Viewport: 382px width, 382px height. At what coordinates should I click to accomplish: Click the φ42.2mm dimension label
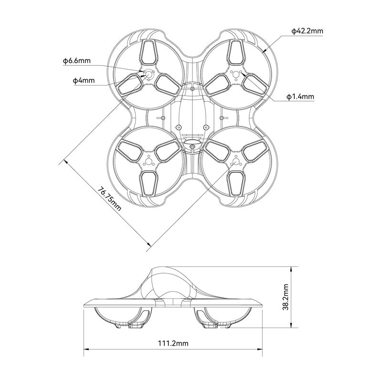307,31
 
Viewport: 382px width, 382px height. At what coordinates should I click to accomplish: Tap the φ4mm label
84,81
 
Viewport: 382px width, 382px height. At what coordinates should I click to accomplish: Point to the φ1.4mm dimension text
300,97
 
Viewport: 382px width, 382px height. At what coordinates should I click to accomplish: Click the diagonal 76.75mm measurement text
109,199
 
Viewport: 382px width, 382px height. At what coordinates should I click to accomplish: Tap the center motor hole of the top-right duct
236,74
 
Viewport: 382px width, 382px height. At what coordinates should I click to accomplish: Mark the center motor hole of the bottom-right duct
236,162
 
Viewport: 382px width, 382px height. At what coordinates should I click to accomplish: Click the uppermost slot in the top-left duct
148,51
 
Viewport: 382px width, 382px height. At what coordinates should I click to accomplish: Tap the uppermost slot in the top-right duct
236,51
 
